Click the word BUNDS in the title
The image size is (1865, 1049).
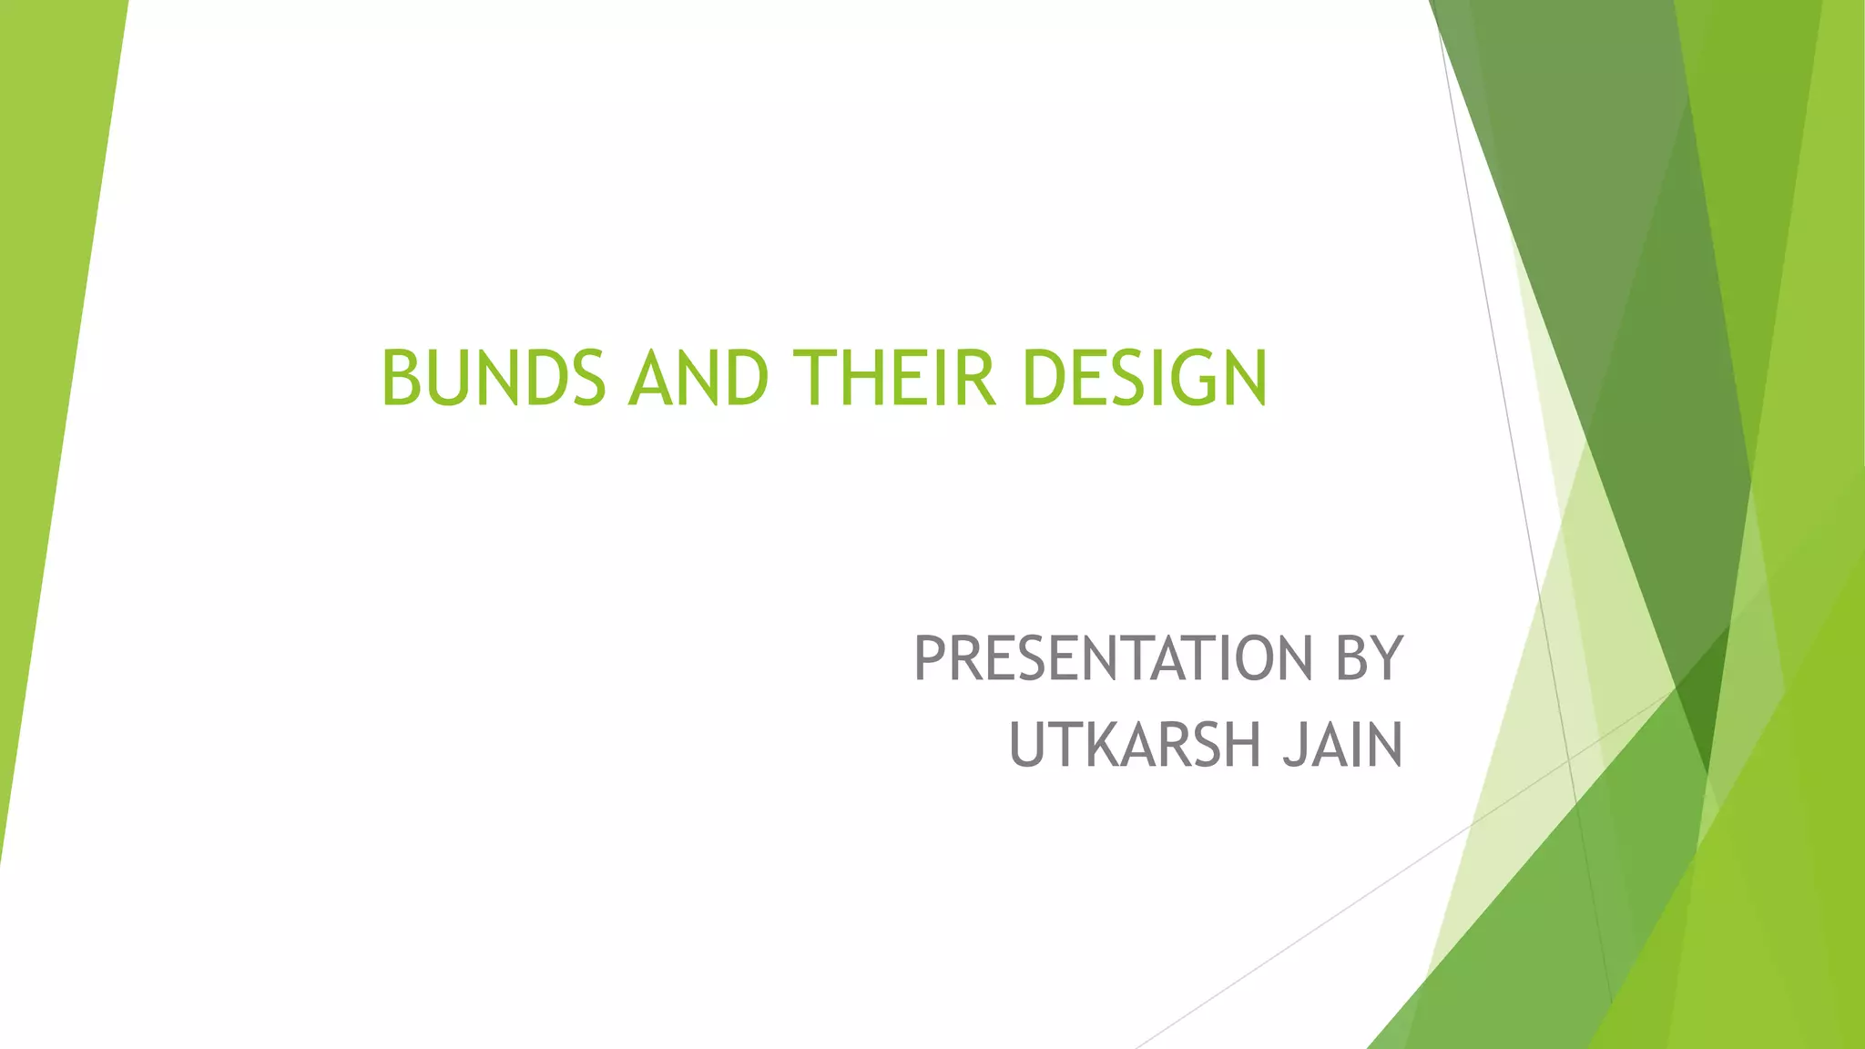493,378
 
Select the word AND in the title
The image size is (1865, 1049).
698,378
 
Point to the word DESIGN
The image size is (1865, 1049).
1145,378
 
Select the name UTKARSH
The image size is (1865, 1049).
1135,745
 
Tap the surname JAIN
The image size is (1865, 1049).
1342,745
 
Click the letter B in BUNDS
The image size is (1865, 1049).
402,378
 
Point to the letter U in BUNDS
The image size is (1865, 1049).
449,378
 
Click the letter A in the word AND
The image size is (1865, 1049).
649,378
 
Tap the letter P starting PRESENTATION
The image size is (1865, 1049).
930,659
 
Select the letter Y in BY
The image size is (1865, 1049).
1387,659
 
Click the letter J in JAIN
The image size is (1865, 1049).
1292,745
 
